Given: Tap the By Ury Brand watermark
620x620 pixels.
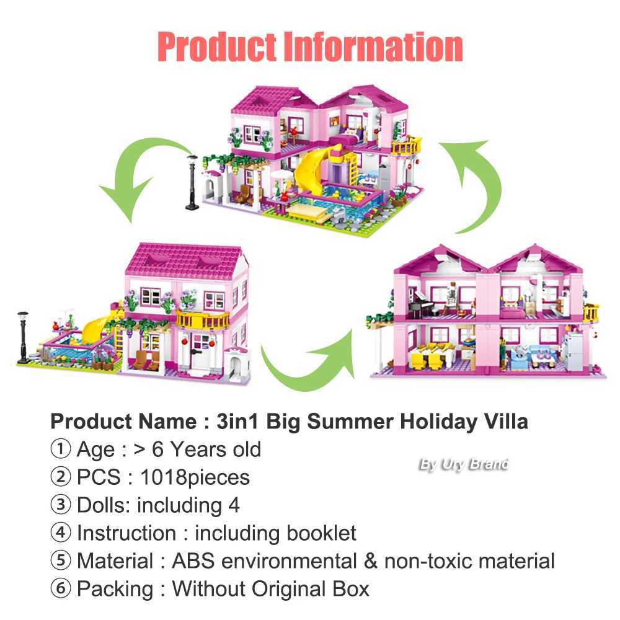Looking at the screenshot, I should point(464,464).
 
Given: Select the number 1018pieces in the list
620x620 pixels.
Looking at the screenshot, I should point(195,477).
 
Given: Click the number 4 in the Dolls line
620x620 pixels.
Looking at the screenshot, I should point(233,505).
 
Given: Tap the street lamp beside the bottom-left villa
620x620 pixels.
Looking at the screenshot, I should point(25,335).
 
